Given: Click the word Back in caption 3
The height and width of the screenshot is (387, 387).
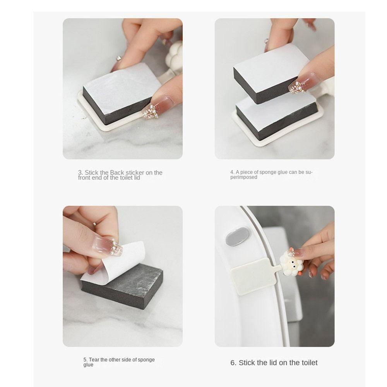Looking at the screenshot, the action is pyautogui.click(x=117, y=173).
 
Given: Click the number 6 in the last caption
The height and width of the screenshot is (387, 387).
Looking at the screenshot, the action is pyautogui.click(x=233, y=363).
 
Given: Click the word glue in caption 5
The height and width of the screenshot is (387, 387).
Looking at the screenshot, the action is pyautogui.click(x=88, y=365).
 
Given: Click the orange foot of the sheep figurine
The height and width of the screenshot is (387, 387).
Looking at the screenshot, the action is pyautogui.click(x=300, y=274).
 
